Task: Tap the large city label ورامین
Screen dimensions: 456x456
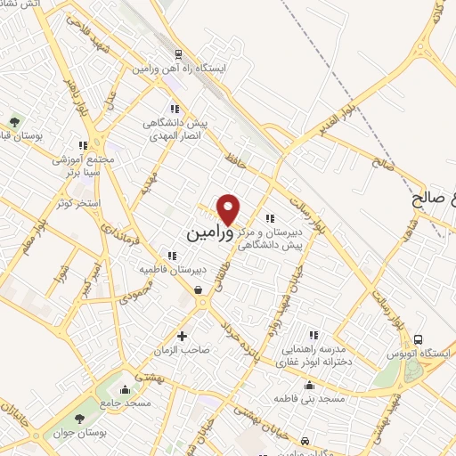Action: [x=210, y=232]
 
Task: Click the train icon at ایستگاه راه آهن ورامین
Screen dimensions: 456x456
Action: [x=179, y=53]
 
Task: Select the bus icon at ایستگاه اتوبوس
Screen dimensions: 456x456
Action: [x=418, y=339]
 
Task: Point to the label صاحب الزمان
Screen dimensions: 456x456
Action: [x=184, y=351]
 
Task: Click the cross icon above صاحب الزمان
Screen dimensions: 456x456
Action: [x=183, y=337]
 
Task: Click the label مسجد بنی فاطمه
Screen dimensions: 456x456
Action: [x=309, y=399]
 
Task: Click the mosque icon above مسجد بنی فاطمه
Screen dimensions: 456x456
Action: [x=309, y=385]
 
